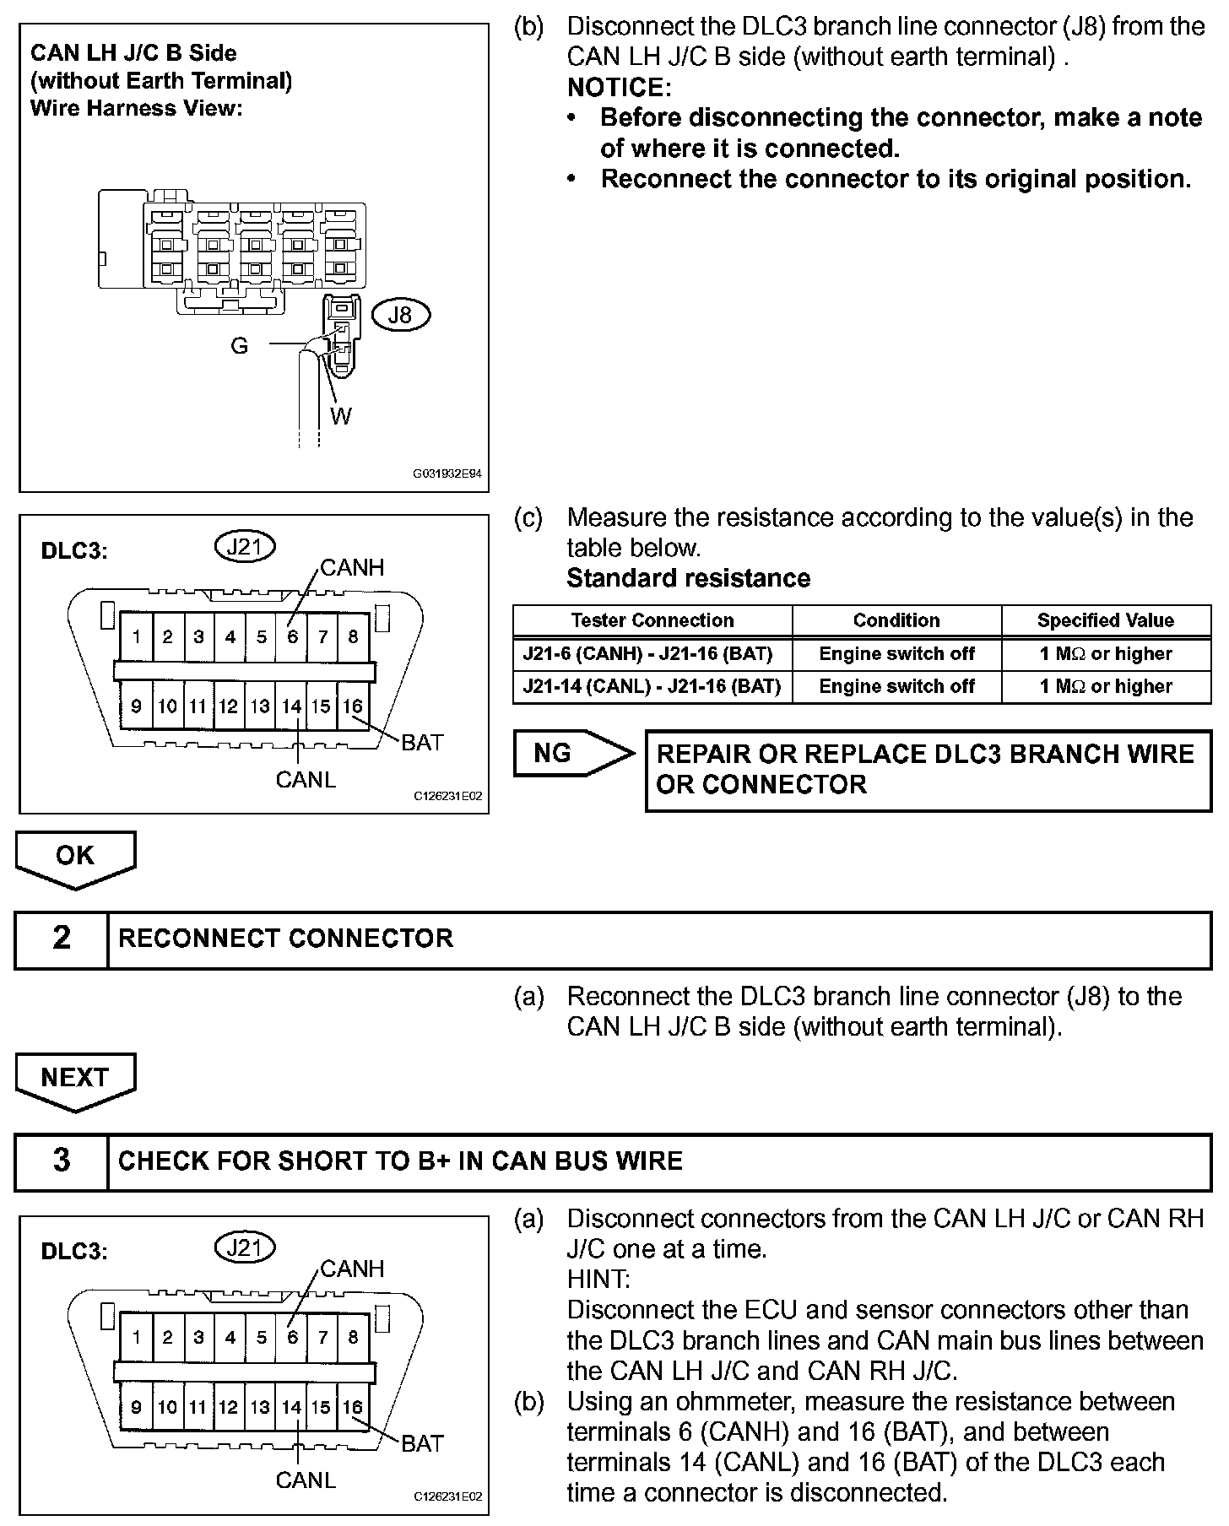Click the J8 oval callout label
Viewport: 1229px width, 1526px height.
[x=399, y=315]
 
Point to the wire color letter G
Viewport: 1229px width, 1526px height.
[x=240, y=345]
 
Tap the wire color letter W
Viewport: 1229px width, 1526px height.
[x=340, y=416]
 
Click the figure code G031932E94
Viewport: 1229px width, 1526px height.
[x=447, y=474]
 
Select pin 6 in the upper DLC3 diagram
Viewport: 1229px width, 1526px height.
[x=292, y=636]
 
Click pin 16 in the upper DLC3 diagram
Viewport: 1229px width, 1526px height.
[x=353, y=706]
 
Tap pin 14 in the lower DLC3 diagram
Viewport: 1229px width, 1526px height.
[x=292, y=1407]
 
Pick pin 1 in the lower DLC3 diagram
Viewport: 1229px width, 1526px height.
[x=137, y=1337]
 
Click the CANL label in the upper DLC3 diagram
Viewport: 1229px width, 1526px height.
[x=306, y=779]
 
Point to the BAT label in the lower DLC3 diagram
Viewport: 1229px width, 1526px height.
[x=422, y=1443]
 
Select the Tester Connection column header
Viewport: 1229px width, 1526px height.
[x=652, y=620]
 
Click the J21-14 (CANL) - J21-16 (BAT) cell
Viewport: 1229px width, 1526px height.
[x=652, y=686]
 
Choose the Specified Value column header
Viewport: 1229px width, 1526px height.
[x=1105, y=620]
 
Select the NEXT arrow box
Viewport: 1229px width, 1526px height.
[x=75, y=1079]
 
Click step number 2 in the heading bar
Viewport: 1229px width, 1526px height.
[x=62, y=939]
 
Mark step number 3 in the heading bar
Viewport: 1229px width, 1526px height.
[x=62, y=1161]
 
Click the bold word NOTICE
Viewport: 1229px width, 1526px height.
[x=619, y=87]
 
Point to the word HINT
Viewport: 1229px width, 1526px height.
[x=598, y=1279]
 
